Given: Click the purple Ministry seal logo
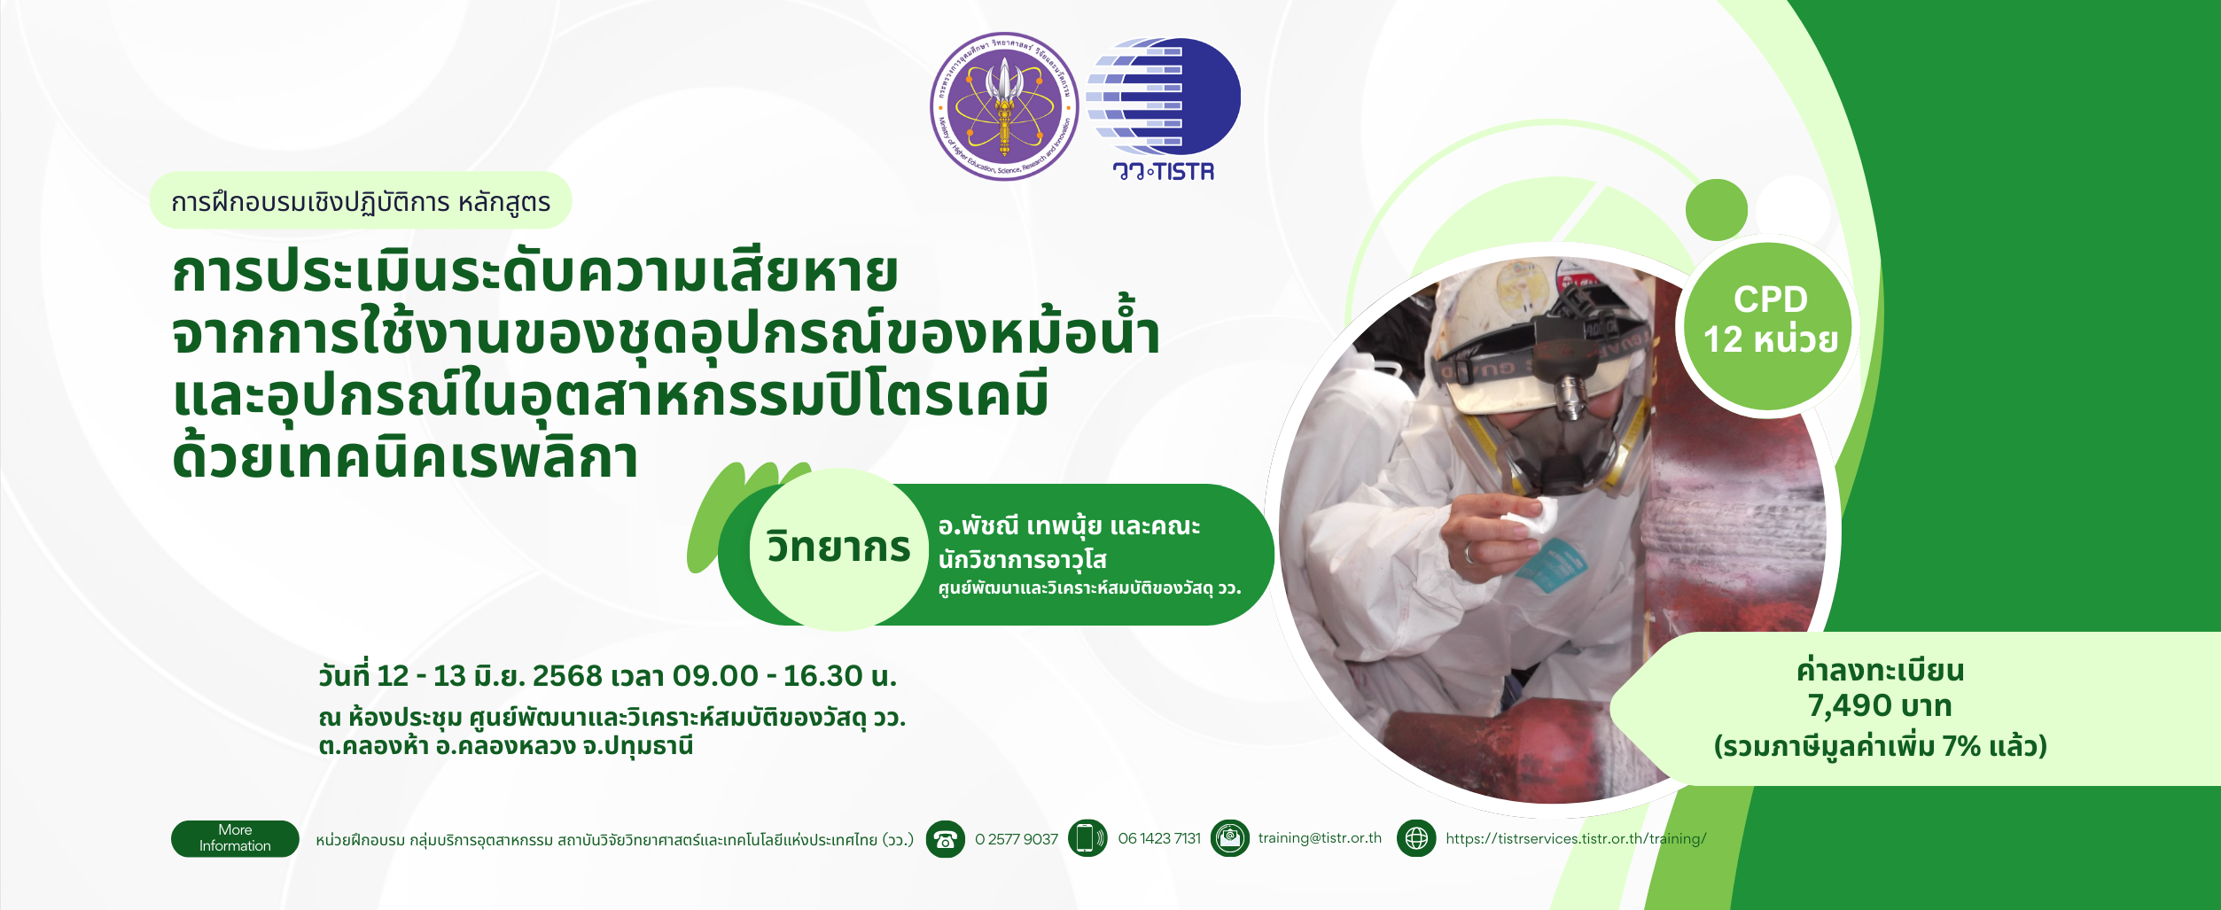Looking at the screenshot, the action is pyautogui.click(x=1004, y=106).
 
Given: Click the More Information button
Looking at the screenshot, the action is pyautogui.click(x=235, y=838).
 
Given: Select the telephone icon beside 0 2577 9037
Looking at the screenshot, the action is pyautogui.click(x=946, y=838).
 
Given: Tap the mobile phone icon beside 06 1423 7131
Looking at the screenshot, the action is pyautogui.click(x=1087, y=838).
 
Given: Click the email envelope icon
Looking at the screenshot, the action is pyautogui.click(x=1230, y=838).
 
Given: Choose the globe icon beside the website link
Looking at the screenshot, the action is pyautogui.click(x=1416, y=838).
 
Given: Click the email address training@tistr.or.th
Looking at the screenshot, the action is pyautogui.click(x=1320, y=838).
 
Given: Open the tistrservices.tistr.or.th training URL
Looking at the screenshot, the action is pyautogui.click(x=1576, y=838).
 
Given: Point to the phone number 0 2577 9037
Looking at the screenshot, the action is pyautogui.click(x=1017, y=839).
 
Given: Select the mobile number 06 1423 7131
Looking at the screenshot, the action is pyautogui.click(x=1159, y=839).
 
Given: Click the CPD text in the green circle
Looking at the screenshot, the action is pyautogui.click(x=1771, y=299).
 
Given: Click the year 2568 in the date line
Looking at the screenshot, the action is pyautogui.click(x=567, y=676).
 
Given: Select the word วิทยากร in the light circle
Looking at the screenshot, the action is pyautogui.click(x=838, y=547).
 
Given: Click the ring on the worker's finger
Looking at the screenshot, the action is pyautogui.click(x=1469, y=553).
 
